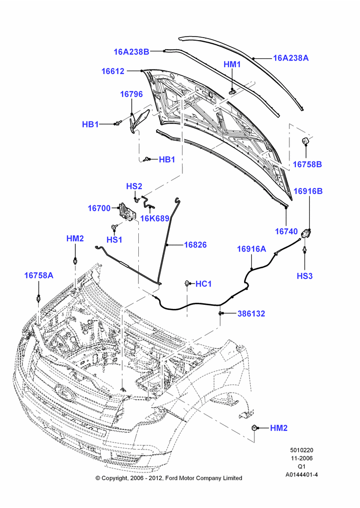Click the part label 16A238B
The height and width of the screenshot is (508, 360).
(x=131, y=51)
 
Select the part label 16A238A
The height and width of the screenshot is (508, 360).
(x=291, y=58)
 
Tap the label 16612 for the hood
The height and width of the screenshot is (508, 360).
(x=113, y=71)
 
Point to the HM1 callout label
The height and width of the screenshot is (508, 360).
(x=232, y=65)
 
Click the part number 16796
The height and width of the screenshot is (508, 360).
(x=131, y=94)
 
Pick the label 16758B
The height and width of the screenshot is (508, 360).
(x=308, y=164)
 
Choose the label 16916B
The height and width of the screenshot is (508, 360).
(x=308, y=191)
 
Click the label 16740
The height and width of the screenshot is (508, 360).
(x=286, y=231)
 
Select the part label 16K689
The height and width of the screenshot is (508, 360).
(x=155, y=218)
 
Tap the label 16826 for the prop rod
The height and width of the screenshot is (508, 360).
(x=195, y=245)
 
